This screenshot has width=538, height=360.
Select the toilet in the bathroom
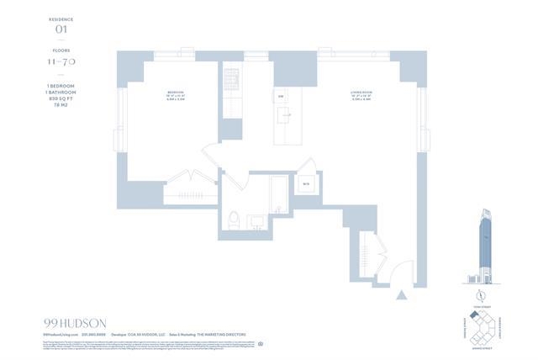235,220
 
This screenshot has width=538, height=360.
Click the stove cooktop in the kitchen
231,82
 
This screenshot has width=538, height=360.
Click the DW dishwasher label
280,97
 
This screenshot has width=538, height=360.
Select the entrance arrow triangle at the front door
403,295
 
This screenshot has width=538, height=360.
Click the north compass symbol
480,294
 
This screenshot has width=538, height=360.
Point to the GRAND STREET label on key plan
480,342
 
